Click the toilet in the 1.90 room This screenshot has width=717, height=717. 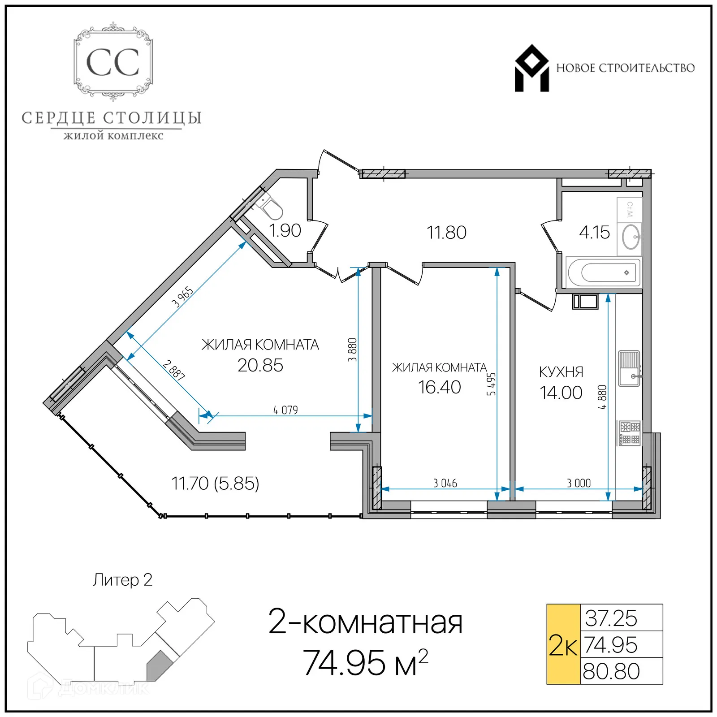[x=270, y=207]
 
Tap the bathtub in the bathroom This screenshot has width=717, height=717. [x=603, y=272]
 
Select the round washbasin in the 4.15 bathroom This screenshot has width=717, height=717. [x=631, y=236]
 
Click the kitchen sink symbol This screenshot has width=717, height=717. [x=629, y=368]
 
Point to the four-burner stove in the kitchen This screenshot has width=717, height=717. [x=630, y=433]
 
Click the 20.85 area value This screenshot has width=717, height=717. [x=260, y=366]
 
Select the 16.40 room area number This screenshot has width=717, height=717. [x=439, y=387]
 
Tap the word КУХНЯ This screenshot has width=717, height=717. [x=561, y=372]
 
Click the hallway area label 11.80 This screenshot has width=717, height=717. [x=446, y=233]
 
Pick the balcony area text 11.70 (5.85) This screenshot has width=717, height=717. [x=215, y=484]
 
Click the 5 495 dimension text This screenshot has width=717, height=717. [x=491, y=384]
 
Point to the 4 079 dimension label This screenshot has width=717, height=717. [x=285, y=410]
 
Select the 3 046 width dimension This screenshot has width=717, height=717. [x=445, y=483]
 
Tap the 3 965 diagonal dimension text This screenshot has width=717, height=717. [x=182, y=297]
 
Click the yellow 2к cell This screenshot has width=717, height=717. [x=563, y=644]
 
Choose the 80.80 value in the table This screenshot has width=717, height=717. [x=611, y=671]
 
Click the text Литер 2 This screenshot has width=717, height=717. [x=122, y=580]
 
